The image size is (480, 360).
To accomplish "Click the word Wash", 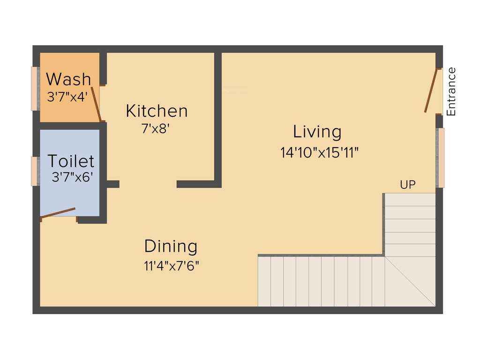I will [68, 79].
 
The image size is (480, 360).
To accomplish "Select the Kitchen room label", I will [157, 111].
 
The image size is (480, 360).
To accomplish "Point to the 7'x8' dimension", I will [155, 128].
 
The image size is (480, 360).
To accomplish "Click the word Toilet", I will [71, 161].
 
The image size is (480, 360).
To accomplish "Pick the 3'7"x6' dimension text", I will [73, 177].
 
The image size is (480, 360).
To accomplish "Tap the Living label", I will [317, 132].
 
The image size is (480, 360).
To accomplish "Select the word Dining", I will [171, 246].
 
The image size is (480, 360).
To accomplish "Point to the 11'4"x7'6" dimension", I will [172, 266].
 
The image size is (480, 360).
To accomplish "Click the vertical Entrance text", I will [451, 92].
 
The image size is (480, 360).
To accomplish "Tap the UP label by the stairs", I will [407, 185].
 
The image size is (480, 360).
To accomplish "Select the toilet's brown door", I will [58, 213].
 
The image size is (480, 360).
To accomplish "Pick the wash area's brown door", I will [96, 104].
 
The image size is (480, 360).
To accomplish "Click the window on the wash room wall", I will [35, 89].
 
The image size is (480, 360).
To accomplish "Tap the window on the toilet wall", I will [35, 171].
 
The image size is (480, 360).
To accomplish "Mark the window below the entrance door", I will [440, 157].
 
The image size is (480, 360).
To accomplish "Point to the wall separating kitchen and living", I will [218, 117].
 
